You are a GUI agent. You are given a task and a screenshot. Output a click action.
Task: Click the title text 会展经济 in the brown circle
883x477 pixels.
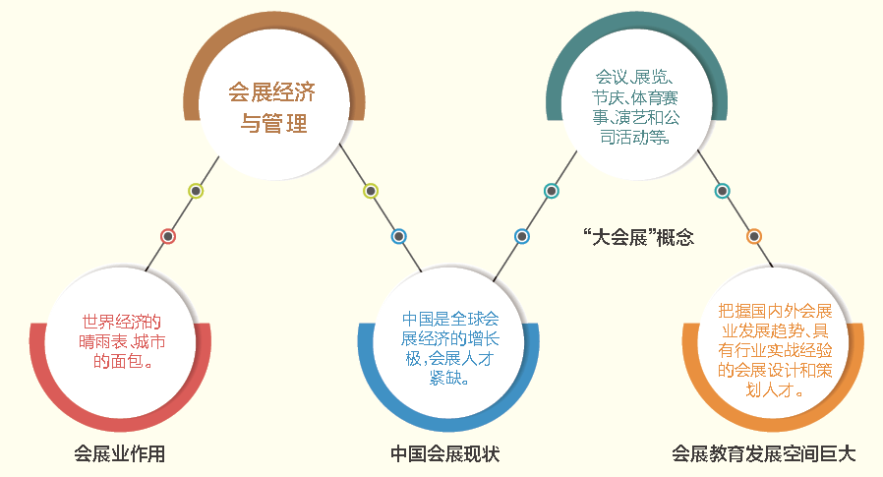[x=271, y=92]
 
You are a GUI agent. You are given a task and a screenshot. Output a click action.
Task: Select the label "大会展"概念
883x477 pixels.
[x=638, y=237]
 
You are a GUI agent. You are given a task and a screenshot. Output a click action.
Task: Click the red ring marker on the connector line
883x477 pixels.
[x=168, y=236]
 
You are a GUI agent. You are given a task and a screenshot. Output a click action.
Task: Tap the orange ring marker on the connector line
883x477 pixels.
[x=754, y=236]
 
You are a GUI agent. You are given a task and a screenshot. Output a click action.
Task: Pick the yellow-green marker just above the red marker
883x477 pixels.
[x=196, y=191]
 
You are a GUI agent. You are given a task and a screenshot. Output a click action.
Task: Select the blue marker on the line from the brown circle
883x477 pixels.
[x=398, y=236]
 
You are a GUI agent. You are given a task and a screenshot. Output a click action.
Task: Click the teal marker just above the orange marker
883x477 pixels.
[x=722, y=191]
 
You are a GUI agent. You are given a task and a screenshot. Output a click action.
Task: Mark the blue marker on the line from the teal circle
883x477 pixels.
[x=522, y=236]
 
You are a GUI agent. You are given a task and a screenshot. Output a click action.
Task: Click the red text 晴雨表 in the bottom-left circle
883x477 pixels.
[x=103, y=341]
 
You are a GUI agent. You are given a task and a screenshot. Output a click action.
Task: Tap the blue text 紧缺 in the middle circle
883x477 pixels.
[x=446, y=378]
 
